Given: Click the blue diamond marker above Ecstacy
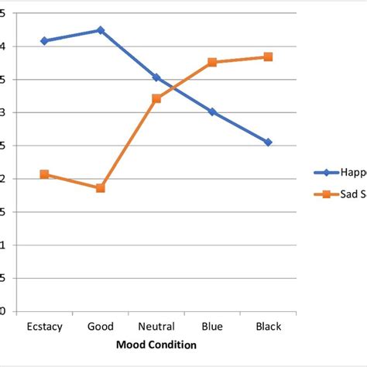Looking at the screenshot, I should pyautogui.click(x=44, y=41).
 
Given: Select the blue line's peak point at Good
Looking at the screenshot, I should pyautogui.click(x=100, y=30).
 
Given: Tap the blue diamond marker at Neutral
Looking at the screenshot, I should pyautogui.click(x=156, y=77).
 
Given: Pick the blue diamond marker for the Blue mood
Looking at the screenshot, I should pyautogui.click(x=212, y=111).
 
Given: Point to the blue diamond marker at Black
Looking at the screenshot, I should pyautogui.click(x=268, y=142).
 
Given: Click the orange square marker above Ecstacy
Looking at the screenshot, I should pyautogui.click(x=44, y=174).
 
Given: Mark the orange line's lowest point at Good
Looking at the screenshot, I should pyautogui.click(x=100, y=188).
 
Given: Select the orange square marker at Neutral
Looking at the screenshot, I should pyautogui.click(x=156, y=98).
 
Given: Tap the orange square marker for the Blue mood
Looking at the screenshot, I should pyautogui.click(x=212, y=63).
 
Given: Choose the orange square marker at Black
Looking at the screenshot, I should pyautogui.click(x=268, y=57).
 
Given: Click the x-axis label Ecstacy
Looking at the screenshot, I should pyautogui.click(x=44, y=327).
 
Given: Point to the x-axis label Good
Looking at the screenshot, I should pyautogui.click(x=100, y=327).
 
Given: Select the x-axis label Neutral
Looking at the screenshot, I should pyautogui.click(x=156, y=327).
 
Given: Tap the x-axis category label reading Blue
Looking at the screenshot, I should pyautogui.click(x=212, y=327).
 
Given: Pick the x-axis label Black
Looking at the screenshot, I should pyautogui.click(x=268, y=327).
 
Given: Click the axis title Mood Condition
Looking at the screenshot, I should pyautogui.click(x=156, y=345).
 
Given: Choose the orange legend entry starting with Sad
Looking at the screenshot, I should pyautogui.click(x=341, y=194).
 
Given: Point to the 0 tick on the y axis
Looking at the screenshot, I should pyautogui.click(x=3, y=312).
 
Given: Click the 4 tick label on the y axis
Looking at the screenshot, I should pyautogui.click(x=3, y=46).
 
